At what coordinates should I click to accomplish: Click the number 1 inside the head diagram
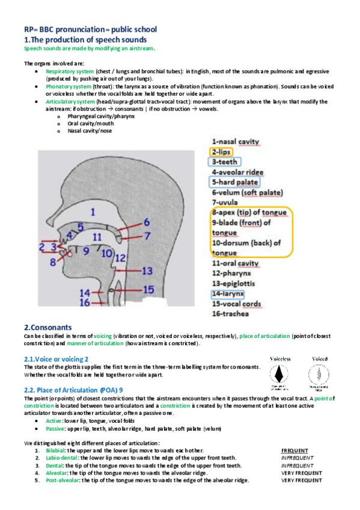click(92, 212)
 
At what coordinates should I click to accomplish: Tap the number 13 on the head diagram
click(147, 271)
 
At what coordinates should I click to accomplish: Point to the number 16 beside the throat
click(85, 303)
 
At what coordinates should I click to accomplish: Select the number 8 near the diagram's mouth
click(53, 262)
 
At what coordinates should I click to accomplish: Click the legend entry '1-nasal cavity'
click(236, 141)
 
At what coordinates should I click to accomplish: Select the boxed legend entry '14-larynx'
click(228, 294)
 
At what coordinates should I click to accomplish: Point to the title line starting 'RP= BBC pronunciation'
click(90, 29)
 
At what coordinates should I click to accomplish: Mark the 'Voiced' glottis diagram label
click(319, 358)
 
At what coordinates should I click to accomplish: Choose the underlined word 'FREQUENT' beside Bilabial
click(294, 450)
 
